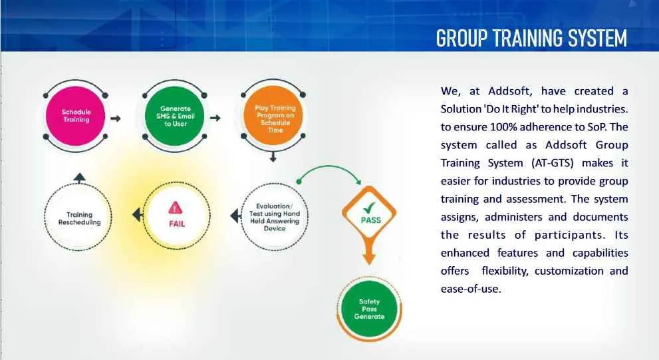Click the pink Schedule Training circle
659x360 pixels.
point(76,116)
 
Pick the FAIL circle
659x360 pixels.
point(176,216)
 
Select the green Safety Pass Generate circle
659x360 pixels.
point(370,309)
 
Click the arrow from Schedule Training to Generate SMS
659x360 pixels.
point(116,118)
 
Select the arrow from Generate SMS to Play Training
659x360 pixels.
point(215,118)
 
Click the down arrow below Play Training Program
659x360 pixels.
point(272,158)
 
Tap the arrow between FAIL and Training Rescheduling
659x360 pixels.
point(137,215)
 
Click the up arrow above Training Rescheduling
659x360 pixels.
point(79,178)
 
